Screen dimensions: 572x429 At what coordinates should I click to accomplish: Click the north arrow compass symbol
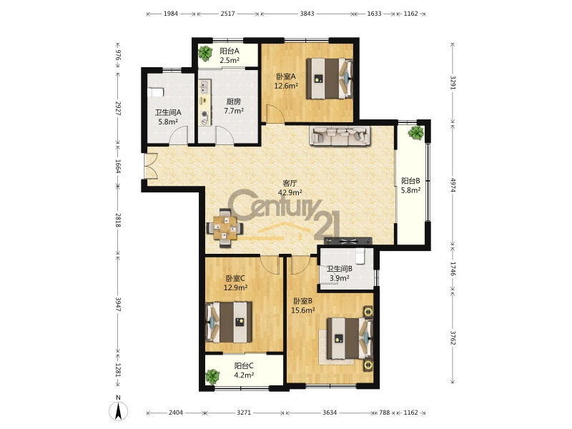(x=118, y=411)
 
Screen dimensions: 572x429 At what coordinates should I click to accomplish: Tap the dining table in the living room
(x=225, y=228)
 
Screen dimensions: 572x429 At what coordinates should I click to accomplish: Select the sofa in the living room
(x=340, y=135)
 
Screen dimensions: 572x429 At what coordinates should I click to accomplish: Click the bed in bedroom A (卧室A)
(x=330, y=78)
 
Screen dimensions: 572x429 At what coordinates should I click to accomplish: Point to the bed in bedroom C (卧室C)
(x=229, y=322)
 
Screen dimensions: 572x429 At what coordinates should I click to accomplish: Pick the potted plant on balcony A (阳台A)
(x=205, y=54)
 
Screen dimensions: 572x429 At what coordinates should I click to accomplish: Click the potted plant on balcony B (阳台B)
(x=416, y=132)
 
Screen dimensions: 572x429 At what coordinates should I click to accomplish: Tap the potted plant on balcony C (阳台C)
(x=212, y=377)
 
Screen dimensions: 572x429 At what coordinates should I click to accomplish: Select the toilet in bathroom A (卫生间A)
(x=156, y=92)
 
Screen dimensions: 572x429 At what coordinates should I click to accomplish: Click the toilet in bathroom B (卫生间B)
(x=360, y=256)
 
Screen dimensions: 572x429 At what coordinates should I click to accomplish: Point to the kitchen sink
(x=204, y=86)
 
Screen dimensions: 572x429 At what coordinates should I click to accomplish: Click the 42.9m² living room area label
(x=290, y=192)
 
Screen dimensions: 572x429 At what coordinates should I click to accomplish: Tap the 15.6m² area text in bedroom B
(x=302, y=310)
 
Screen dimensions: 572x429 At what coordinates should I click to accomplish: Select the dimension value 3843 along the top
(x=307, y=14)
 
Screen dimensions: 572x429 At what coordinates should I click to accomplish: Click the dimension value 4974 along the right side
(x=453, y=185)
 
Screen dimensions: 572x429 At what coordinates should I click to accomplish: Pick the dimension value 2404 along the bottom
(x=175, y=413)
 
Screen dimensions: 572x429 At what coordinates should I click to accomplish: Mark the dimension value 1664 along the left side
(x=118, y=167)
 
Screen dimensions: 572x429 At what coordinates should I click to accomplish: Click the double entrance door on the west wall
(x=150, y=166)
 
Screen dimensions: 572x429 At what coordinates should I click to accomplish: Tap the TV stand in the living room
(x=348, y=241)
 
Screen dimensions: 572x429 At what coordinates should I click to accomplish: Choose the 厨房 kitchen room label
(x=234, y=102)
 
